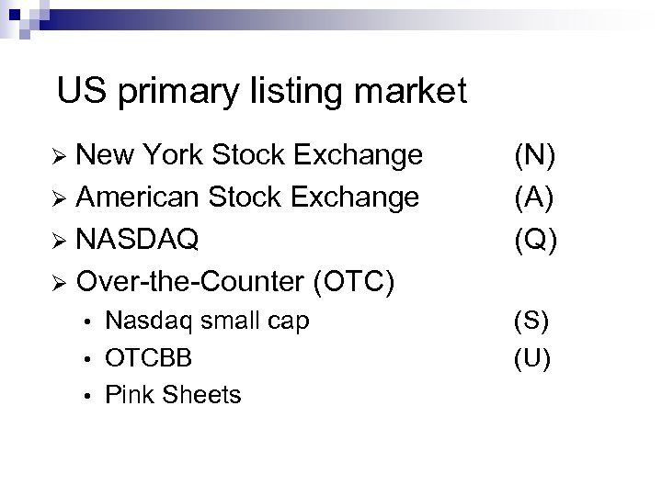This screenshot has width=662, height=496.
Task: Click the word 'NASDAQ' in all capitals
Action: click(138, 238)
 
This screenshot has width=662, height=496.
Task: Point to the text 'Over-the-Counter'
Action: click(191, 279)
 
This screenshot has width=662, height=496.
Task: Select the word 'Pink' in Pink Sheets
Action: click(128, 394)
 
